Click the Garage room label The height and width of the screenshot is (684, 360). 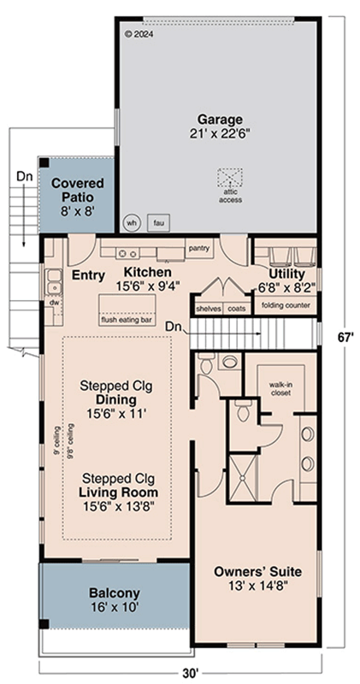point(220,120)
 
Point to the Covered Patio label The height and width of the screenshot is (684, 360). point(77,184)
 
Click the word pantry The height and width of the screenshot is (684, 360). point(199,249)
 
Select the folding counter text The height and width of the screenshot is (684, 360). point(286,305)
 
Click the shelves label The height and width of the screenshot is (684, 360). point(209,309)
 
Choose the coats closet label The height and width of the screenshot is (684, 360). point(237,309)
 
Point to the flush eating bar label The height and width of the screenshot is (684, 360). point(127,320)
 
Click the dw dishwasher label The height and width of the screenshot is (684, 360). point(54,302)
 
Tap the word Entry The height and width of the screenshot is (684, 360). point(88,274)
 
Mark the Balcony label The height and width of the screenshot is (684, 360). point(115,593)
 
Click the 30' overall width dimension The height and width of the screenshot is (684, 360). point(190,673)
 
